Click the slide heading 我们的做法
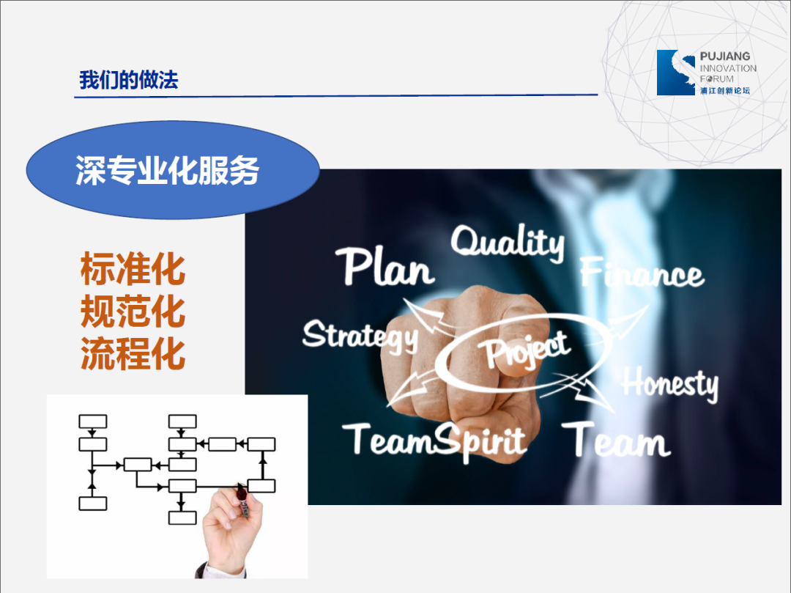click(129, 80)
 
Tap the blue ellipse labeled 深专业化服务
click(173, 169)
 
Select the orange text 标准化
click(133, 269)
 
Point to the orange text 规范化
click(133, 312)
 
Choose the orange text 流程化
click(133, 354)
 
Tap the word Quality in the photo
click(508, 243)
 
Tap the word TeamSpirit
click(434, 441)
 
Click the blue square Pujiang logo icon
click(676, 73)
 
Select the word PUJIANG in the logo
click(725, 56)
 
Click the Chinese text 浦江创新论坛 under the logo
click(725, 91)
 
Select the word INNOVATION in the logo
click(728, 68)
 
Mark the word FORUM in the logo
click(717, 78)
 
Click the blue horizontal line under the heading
click(336, 95)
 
